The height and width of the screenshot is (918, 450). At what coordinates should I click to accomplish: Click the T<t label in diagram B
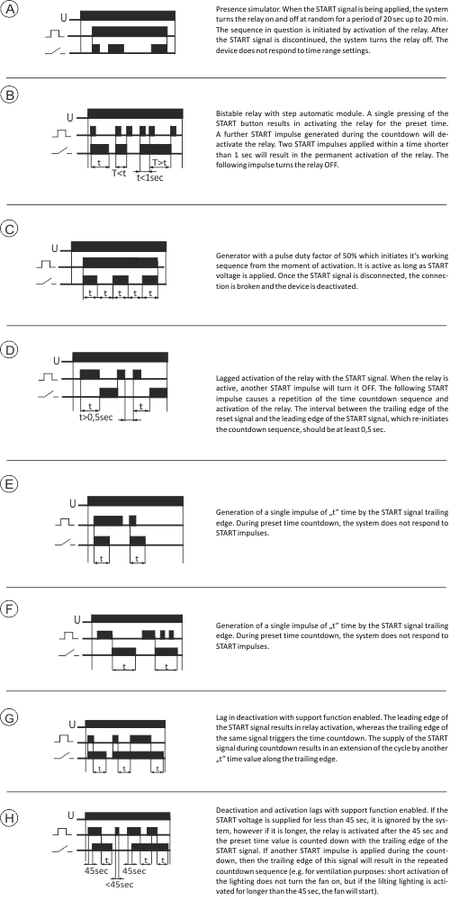click(x=119, y=173)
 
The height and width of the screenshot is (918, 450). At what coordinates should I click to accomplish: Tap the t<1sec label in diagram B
click(x=149, y=177)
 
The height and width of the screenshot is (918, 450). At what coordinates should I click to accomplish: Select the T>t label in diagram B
click(x=160, y=162)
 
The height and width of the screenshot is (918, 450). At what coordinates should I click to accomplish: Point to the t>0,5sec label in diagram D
click(x=96, y=418)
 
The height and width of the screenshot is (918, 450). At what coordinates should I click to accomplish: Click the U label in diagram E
click(x=73, y=503)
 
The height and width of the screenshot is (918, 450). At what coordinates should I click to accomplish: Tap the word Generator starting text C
click(x=231, y=256)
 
